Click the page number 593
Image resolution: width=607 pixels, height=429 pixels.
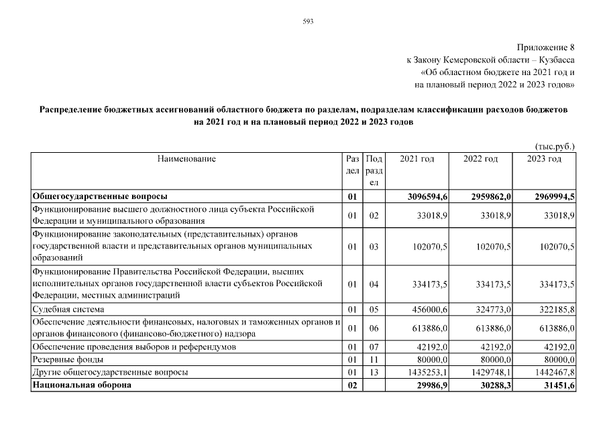pyautogui.click(x=309, y=21)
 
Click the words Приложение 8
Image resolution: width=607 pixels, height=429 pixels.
pyautogui.click(x=546, y=48)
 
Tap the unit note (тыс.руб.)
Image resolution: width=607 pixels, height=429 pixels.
pyautogui.click(x=555, y=145)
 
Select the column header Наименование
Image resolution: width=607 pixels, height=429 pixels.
pyautogui.click(x=186, y=159)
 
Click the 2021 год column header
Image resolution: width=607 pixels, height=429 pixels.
pyautogui.click(x=417, y=159)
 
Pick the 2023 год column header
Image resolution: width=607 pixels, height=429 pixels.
pyautogui.click(x=544, y=159)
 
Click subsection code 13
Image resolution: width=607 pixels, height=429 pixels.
pyautogui.click(x=374, y=371)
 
